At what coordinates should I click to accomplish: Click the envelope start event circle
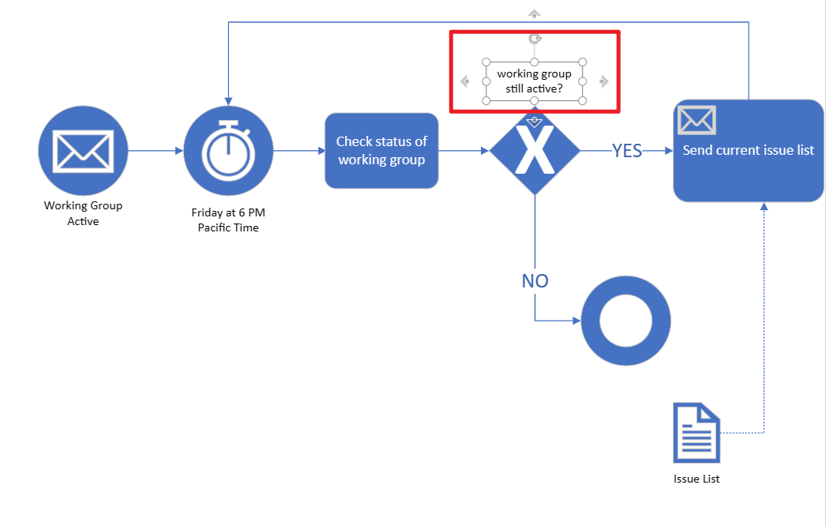point(83,151)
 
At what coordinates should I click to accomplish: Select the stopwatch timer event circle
point(228,151)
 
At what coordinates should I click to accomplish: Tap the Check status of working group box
point(381,151)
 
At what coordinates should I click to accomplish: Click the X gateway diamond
point(535,151)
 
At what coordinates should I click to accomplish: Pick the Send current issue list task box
point(748,151)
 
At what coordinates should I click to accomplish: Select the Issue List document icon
point(696,433)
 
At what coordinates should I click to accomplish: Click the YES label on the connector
point(627,151)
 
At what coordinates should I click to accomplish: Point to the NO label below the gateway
point(535,281)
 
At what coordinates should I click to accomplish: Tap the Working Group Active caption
point(83,213)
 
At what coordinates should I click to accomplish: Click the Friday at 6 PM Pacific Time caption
point(228,220)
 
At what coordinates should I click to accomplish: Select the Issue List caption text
point(696,479)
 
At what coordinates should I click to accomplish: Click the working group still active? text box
point(534,81)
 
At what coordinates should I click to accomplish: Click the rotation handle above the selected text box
point(535,39)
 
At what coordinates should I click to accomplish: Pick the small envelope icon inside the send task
point(696,119)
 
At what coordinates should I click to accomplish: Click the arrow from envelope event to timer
point(156,151)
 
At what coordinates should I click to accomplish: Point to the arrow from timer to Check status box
point(299,151)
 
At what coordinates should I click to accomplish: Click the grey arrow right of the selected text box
point(604,81)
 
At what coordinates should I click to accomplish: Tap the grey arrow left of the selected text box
point(464,81)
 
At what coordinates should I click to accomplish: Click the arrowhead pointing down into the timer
point(228,101)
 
